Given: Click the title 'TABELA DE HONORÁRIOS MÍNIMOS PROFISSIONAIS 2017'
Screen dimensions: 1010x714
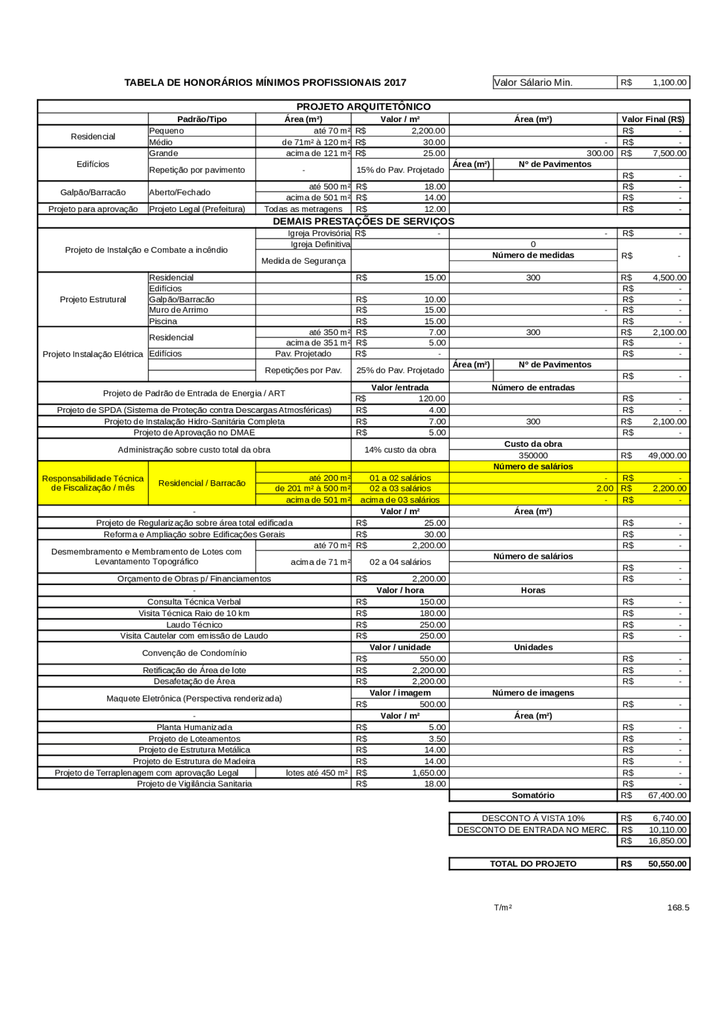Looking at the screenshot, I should click(x=265, y=83).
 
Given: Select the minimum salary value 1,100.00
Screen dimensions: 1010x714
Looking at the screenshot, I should click(x=669, y=83).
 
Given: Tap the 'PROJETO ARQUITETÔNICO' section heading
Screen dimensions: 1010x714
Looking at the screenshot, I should click(x=363, y=107).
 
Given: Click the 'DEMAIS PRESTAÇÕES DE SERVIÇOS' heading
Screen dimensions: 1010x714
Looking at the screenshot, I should click(x=363, y=221).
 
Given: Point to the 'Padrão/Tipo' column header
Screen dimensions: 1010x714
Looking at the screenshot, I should click(x=202, y=119).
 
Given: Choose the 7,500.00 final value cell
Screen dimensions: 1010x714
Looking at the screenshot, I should click(x=669, y=153).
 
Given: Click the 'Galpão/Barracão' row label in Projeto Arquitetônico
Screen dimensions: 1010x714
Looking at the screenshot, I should click(x=93, y=192).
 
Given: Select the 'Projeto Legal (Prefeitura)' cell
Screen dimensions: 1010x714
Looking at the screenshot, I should click(x=197, y=209).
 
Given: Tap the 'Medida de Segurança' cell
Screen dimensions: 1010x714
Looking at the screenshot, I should click(x=303, y=261).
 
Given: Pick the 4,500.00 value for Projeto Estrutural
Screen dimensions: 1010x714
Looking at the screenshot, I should click(x=669, y=278).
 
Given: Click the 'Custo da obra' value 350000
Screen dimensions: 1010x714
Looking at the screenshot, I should click(x=533, y=456).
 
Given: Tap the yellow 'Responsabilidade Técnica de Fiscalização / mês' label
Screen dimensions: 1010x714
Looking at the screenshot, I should click(x=93, y=483).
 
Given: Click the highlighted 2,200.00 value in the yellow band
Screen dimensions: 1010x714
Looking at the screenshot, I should click(x=669, y=489).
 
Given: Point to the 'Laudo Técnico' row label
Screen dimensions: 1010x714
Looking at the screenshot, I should click(x=194, y=625).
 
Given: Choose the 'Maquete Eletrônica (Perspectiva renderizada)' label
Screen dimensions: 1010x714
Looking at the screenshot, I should click(x=194, y=699).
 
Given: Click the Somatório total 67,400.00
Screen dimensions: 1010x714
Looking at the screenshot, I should click(x=667, y=795).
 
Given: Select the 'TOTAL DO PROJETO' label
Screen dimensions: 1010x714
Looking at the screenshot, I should click(x=533, y=864).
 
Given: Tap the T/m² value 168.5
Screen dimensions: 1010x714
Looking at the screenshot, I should click(x=678, y=907).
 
